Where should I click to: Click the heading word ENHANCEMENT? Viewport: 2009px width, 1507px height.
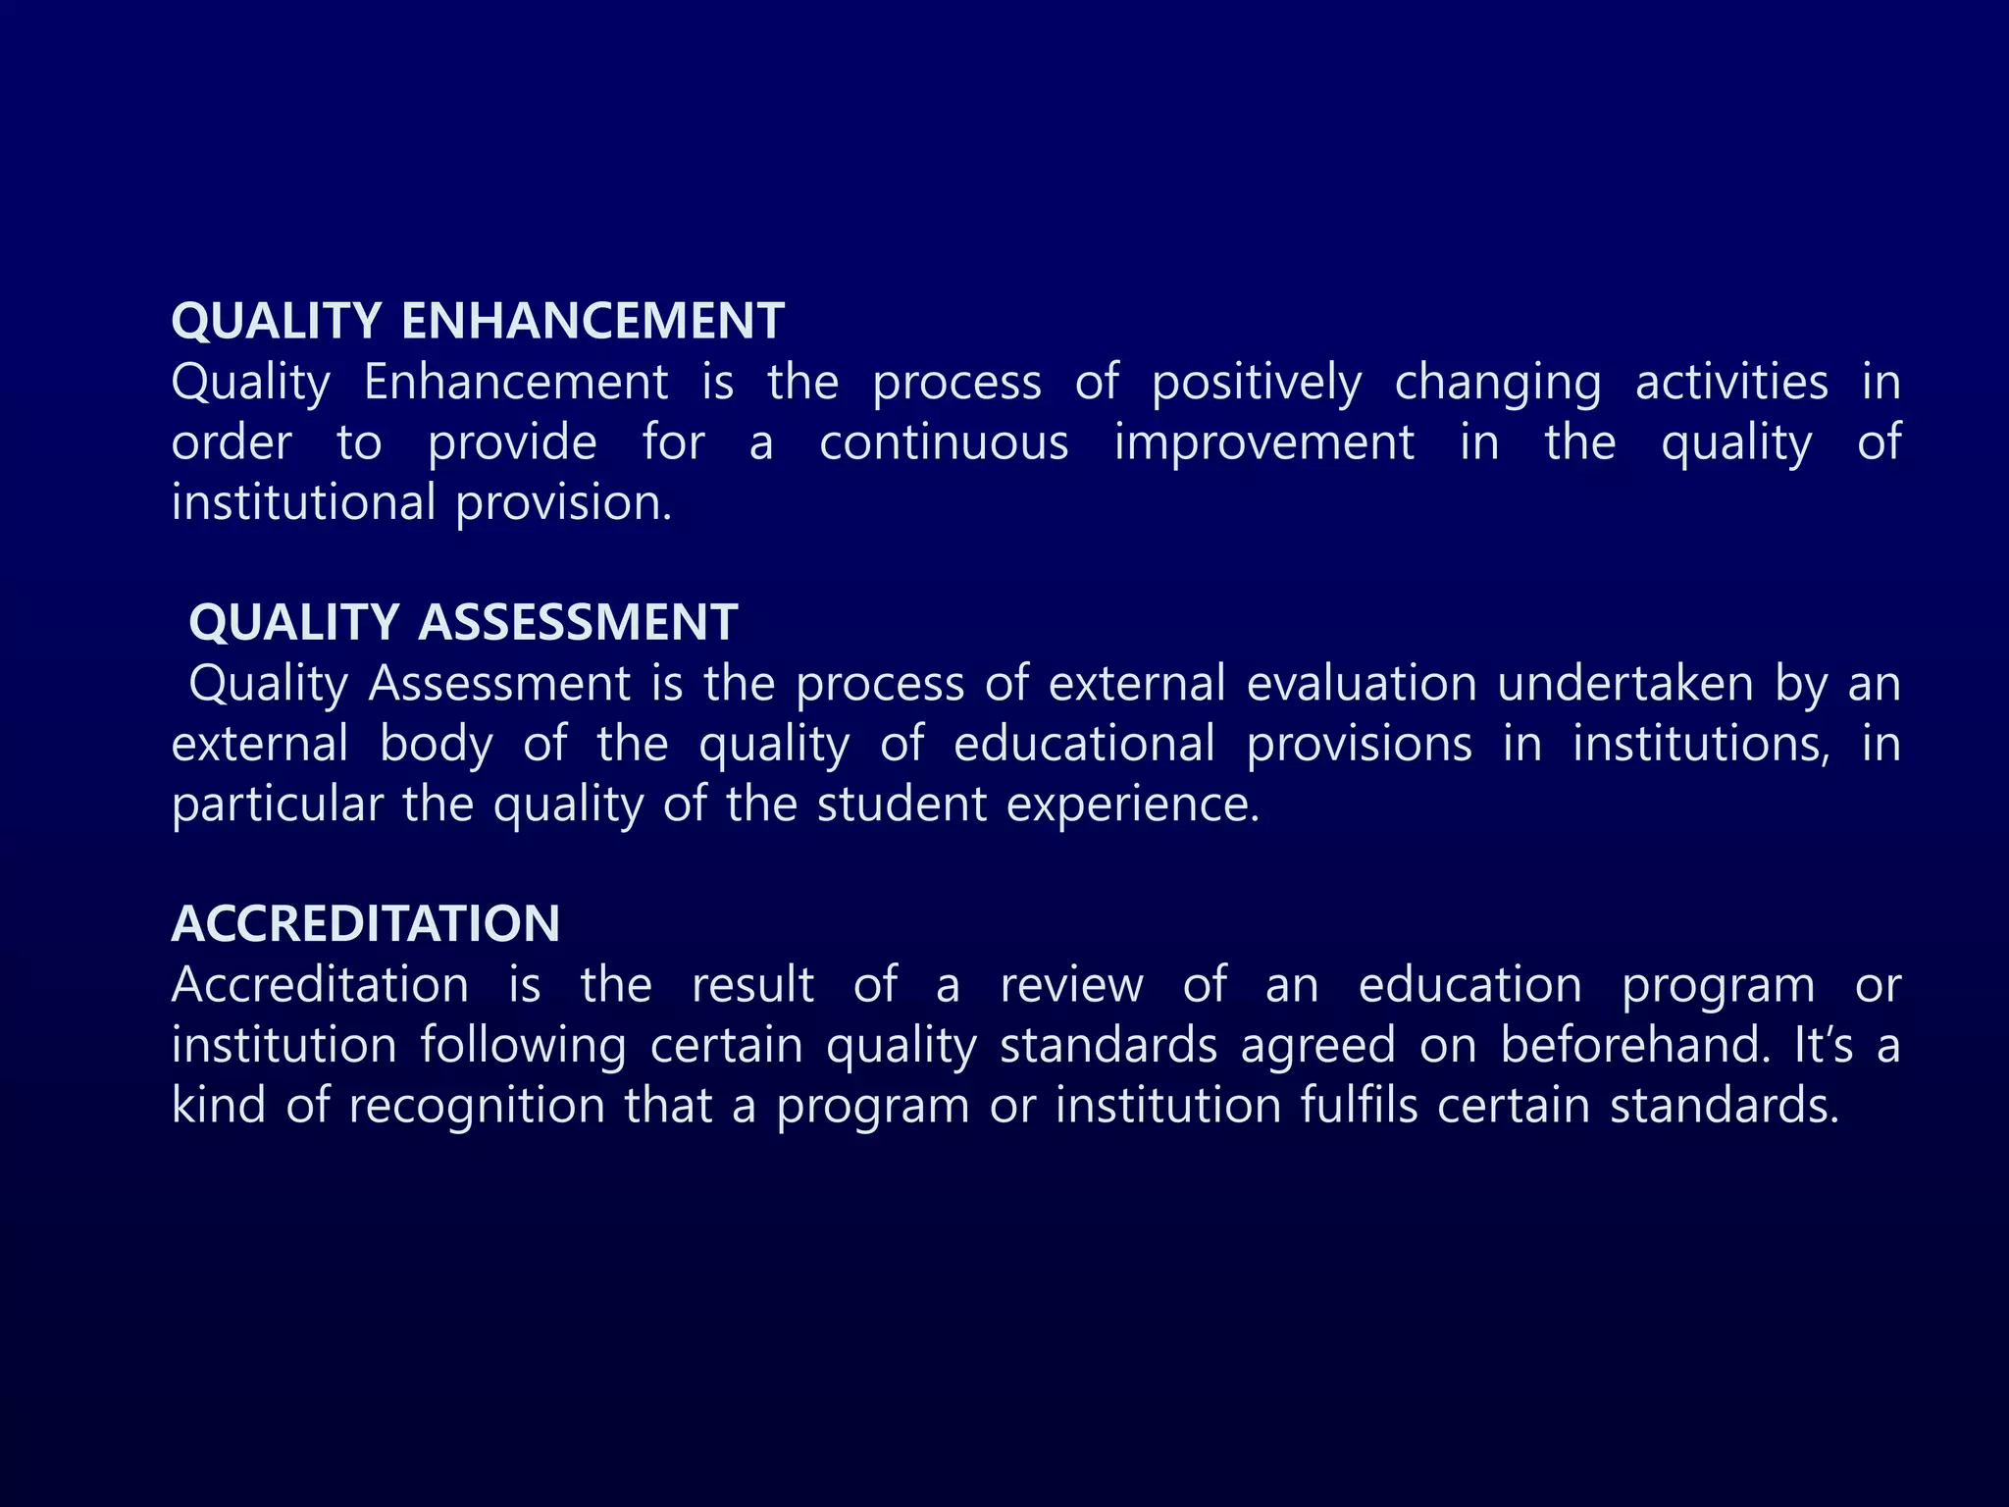point(592,321)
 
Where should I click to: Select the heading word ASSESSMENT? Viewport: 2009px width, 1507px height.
point(578,622)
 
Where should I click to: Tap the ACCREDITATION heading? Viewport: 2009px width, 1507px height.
point(366,923)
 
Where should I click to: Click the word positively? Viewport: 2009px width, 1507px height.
point(1257,383)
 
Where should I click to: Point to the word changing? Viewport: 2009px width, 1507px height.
point(1498,383)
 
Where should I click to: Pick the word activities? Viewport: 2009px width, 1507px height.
point(1731,382)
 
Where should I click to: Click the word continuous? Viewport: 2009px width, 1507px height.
point(944,442)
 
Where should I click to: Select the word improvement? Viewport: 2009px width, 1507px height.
point(1264,442)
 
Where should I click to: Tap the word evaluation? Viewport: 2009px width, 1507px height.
point(1362,683)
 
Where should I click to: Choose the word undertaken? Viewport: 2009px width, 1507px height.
point(1625,683)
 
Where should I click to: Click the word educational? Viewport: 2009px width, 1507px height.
point(1084,744)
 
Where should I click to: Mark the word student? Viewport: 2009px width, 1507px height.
point(901,805)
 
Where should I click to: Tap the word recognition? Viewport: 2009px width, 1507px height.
point(477,1107)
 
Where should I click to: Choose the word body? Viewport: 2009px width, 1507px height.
point(436,745)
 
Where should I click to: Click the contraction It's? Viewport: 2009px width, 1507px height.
point(1823,1045)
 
